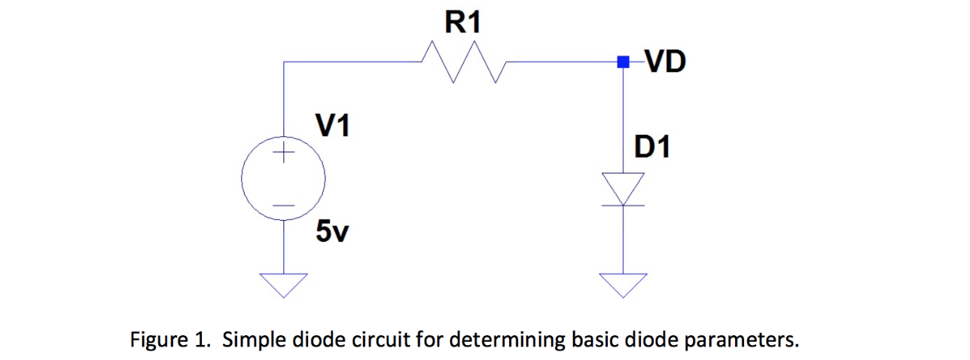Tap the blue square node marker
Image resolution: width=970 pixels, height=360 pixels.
623,63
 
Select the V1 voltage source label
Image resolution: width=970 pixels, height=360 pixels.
332,126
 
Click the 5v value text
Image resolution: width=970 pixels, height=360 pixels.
332,233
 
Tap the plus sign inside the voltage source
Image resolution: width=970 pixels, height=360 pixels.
283,154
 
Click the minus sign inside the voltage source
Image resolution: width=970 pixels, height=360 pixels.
283,205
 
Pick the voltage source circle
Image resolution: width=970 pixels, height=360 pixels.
283,179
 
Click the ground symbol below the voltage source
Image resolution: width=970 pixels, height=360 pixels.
283,283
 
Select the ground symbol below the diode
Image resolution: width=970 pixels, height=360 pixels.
623,283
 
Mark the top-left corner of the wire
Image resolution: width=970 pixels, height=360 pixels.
283,63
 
